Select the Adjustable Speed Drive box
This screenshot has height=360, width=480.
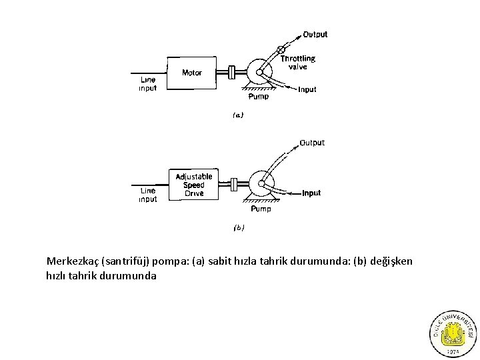pyautogui.click(x=194, y=185)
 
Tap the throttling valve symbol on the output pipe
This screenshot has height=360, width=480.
pyautogui.click(x=281, y=50)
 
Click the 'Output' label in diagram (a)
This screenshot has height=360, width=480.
pyautogui.click(x=315, y=34)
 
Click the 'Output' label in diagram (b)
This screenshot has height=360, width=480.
pyautogui.click(x=312, y=143)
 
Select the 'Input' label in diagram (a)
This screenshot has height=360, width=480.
pyautogui.click(x=307, y=89)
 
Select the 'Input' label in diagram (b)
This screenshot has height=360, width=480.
pyautogui.click(x=311, y=193)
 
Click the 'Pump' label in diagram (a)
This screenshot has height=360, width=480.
pyautogui.click(x=259, y=97)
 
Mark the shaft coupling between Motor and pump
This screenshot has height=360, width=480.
pyautogui.click(x=231, y=72)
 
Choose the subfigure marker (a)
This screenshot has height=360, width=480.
pyautogui.click(x=238, y=115)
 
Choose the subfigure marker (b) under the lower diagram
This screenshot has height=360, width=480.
pyautogui.click(x=239, y=227)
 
